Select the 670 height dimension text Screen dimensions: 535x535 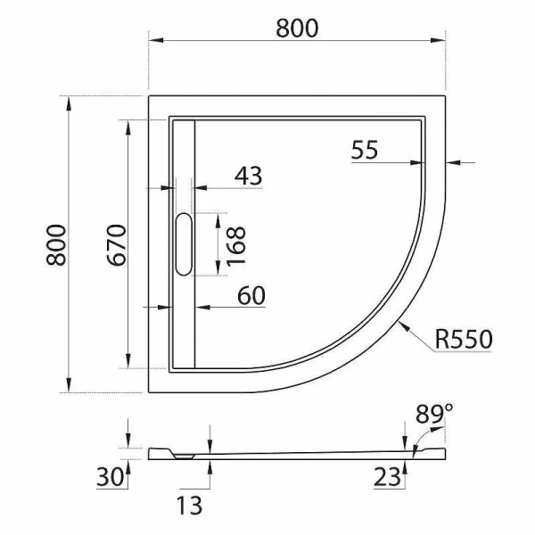point(114,245)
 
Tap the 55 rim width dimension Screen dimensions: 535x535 point(365,150)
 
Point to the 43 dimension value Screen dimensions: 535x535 point(248,176)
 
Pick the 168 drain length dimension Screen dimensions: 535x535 point(236,245)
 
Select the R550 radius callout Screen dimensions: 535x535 point(464,340)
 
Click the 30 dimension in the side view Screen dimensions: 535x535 point(109,477)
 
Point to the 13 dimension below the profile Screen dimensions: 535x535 point(189,506)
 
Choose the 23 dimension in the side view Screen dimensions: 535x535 point(387,477)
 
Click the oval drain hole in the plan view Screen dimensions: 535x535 point(184,243)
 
